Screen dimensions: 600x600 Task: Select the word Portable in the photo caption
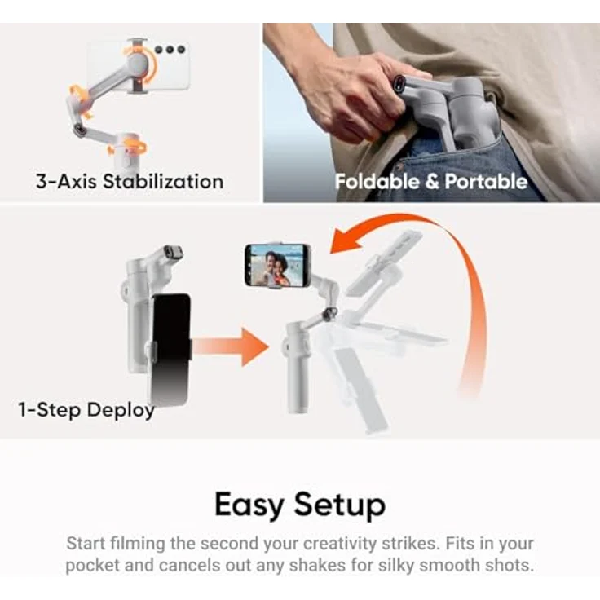(485, 181)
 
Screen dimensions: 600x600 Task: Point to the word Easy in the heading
(250, 505)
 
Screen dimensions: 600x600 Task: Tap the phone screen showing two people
(277, 265)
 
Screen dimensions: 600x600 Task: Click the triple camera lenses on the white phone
(170, 50)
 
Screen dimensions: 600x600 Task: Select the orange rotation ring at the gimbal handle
(128, 148)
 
